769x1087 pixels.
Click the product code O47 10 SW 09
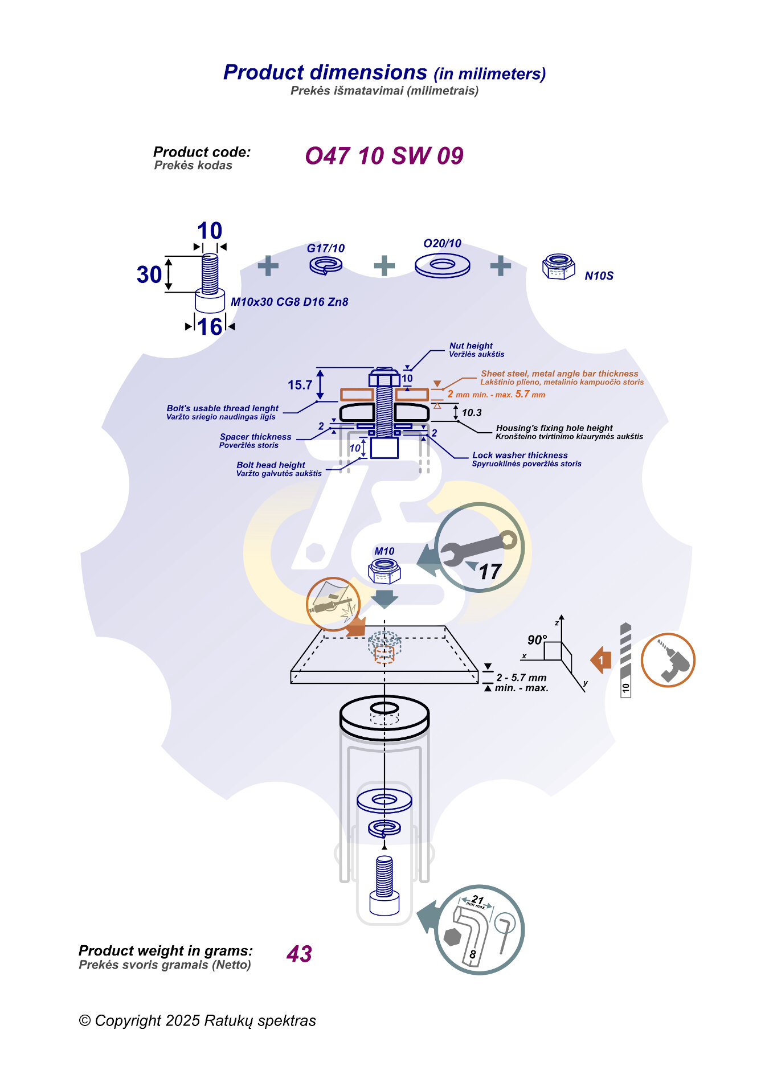pyautogui.click(x=384, y=156)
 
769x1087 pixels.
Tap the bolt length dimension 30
pyautogui.click(x=149, y=275)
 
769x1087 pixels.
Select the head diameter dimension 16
pyautogui.click(x=210, y=327)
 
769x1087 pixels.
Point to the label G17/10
pyautogui.click(x=325, y=248)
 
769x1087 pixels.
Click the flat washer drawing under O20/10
pyautogui.click(x=442, y=265)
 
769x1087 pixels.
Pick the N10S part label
pyautogui.click(x=599, y=276)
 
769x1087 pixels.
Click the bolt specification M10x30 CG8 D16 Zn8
pyautogui.click(x=289, y=302)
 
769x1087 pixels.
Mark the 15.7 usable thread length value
pyautogui.click(x=300, y=385)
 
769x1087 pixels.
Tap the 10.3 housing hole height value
pyautogui.click(x=472, y=413)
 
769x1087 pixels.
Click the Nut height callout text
pyautogui.click(x=471, y=346)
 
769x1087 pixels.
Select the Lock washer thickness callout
pyautogui.click(x=520, y=456)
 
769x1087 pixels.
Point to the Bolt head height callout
pyautogui.click(x=271, y=465)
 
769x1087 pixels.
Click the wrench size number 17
pyautogui.click(x=490, y=572)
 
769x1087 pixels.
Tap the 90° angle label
pyautogui.click(x=537, y=640)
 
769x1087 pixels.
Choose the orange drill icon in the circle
pyautogui.click(x=668, y=661)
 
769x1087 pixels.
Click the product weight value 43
pyautogui.click(x=299, y=954)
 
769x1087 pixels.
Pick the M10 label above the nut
pyautogui.click(x=384, y=551)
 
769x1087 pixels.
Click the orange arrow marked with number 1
pyautogui.click(x=601, y=661)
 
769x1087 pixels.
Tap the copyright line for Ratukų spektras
pyautogui.click(x=197, y=1021)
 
